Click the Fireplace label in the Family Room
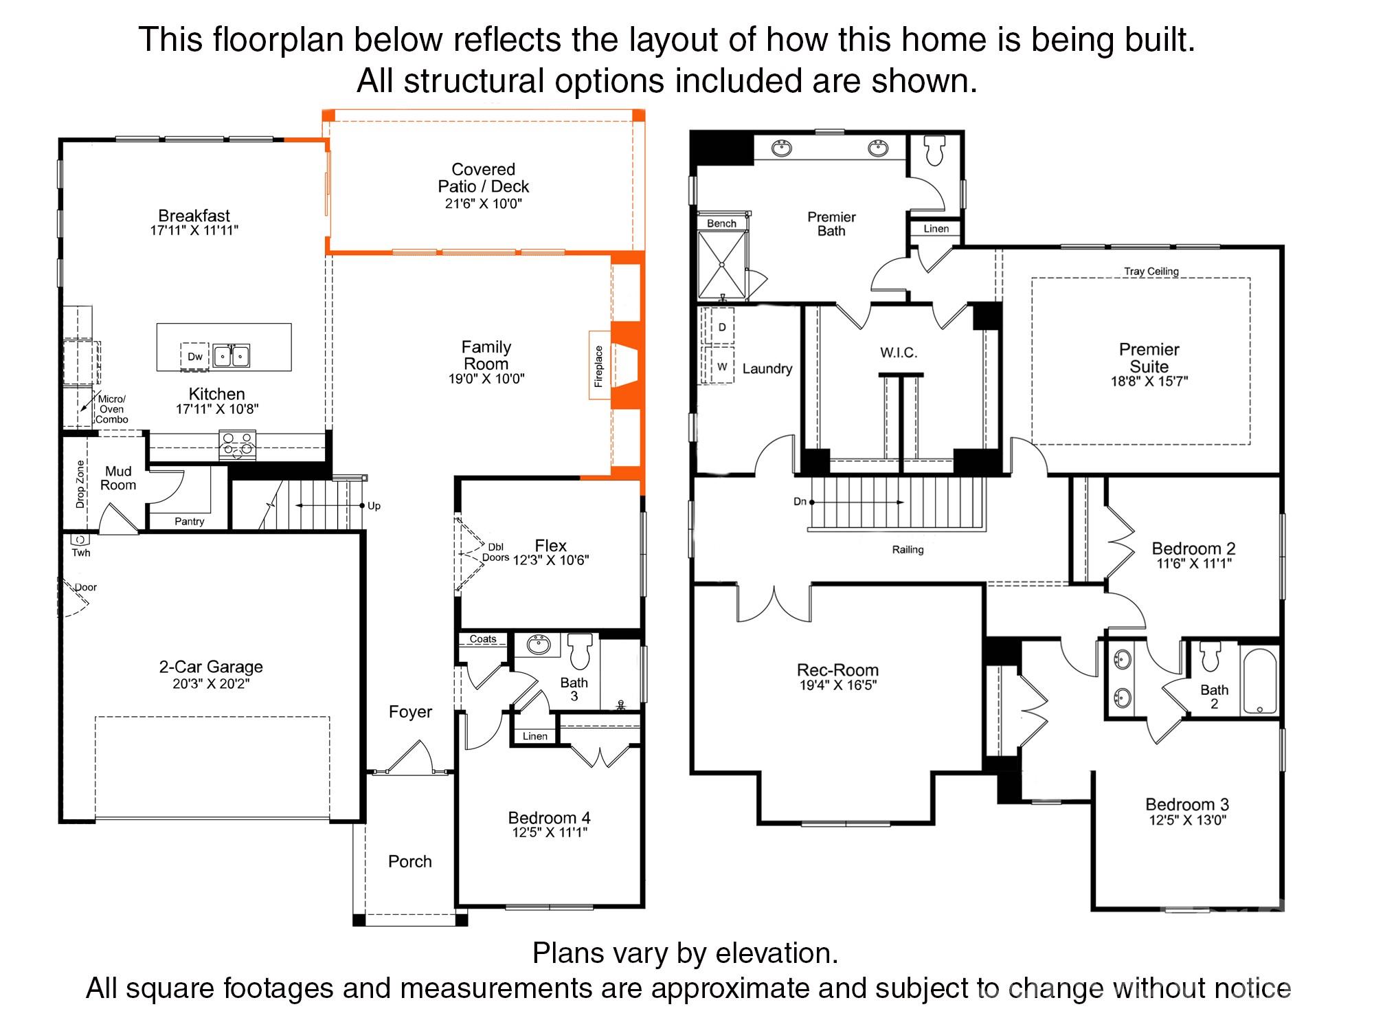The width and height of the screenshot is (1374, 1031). click(598, 366)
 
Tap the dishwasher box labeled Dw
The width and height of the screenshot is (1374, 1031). click(195, 357)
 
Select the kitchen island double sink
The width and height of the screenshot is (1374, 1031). click(232, 356)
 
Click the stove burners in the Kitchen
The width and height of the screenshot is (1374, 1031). click(237, 445)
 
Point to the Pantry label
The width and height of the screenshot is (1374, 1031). click(190, 522)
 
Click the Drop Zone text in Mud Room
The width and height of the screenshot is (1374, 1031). click(80, 484)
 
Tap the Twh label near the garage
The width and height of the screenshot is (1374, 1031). click(81, 553)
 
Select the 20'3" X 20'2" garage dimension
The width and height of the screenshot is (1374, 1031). click(211, 684)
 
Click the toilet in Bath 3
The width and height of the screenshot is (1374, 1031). click(581, 651)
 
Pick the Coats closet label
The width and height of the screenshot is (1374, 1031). click(483, 639)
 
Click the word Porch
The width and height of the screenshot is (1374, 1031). click(410, 861)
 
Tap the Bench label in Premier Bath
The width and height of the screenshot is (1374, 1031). click(721, 223)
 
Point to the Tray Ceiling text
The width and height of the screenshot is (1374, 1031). click(1151, 271)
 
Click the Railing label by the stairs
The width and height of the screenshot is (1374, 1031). click(908, 550)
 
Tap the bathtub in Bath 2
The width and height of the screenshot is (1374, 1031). click(1259, 682)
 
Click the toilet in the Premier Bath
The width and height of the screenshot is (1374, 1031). click(935, 151)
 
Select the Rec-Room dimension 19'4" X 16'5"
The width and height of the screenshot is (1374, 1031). click(837, 685)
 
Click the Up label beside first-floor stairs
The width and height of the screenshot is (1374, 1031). click(374, 506)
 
